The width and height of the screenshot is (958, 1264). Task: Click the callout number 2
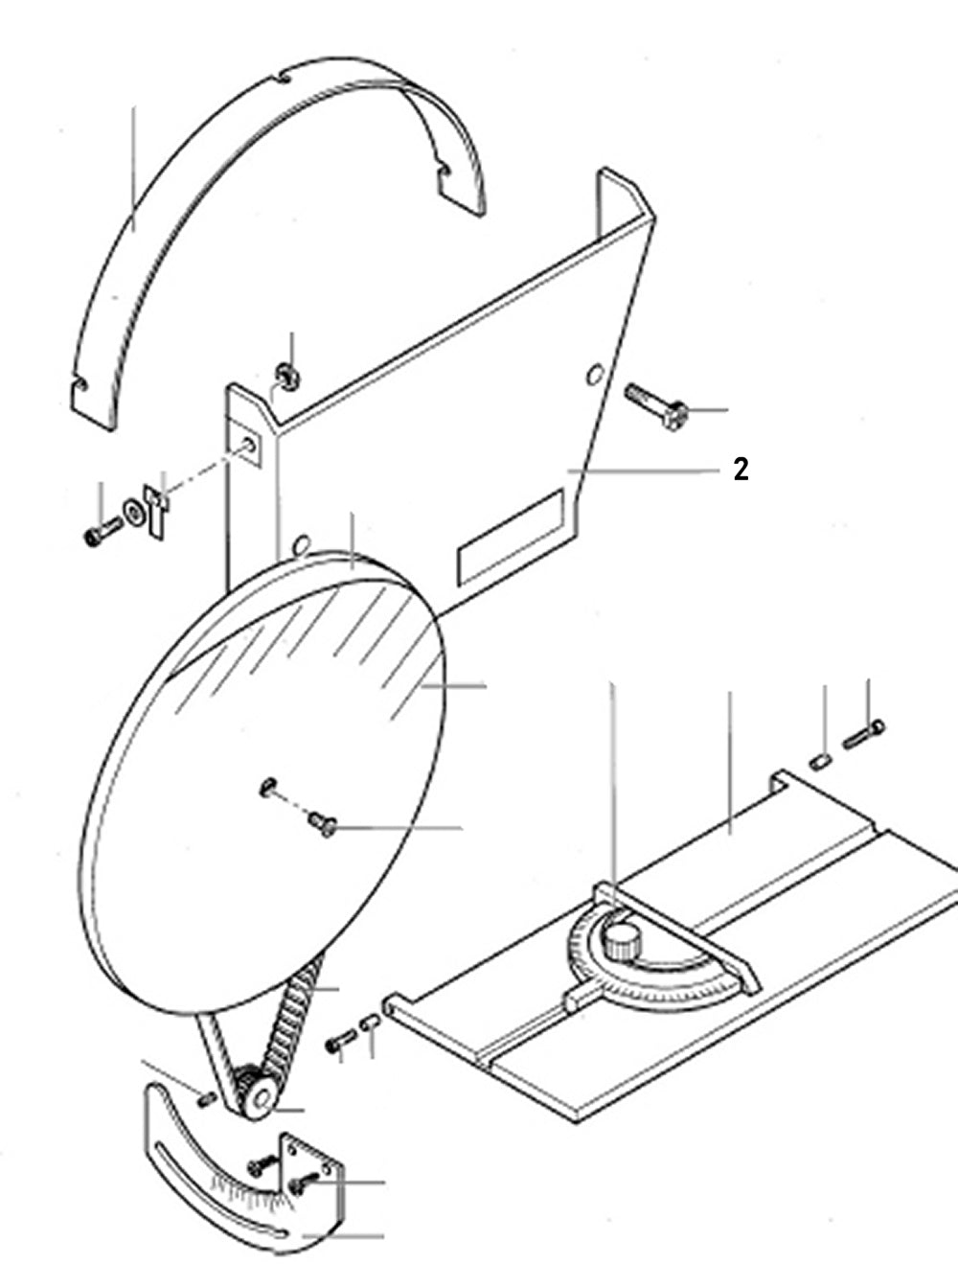[741, 470]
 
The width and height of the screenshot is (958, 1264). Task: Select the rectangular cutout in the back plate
[511, 536]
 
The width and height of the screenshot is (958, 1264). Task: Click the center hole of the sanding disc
[267, 786]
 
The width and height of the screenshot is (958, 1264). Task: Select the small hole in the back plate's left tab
[249, 445]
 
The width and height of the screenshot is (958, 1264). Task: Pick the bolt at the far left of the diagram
[101, 533]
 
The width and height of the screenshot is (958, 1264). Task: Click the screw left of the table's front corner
[341, 1042]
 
